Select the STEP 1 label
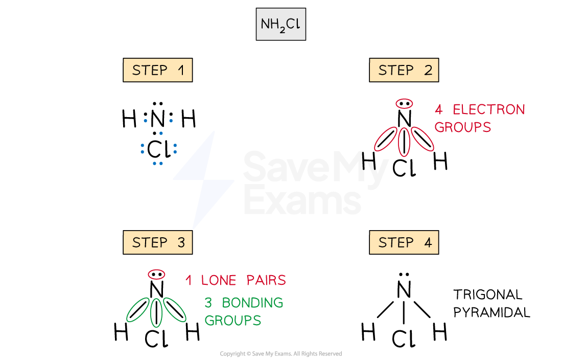pos(157,70)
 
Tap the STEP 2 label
pos(404,70)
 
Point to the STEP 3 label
pos(157,242)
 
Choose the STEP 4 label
pos(404,242)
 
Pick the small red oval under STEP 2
pos(404,104)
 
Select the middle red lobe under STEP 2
pos(404,142)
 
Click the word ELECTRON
pos(489,110)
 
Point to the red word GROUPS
pos(463,127)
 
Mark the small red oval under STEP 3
pos(156,275)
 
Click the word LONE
pos(219,280)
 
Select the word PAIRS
pos(266,280)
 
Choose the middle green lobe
pos(156,312)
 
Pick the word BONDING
pos(252,303)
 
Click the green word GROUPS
pos(232,321)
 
